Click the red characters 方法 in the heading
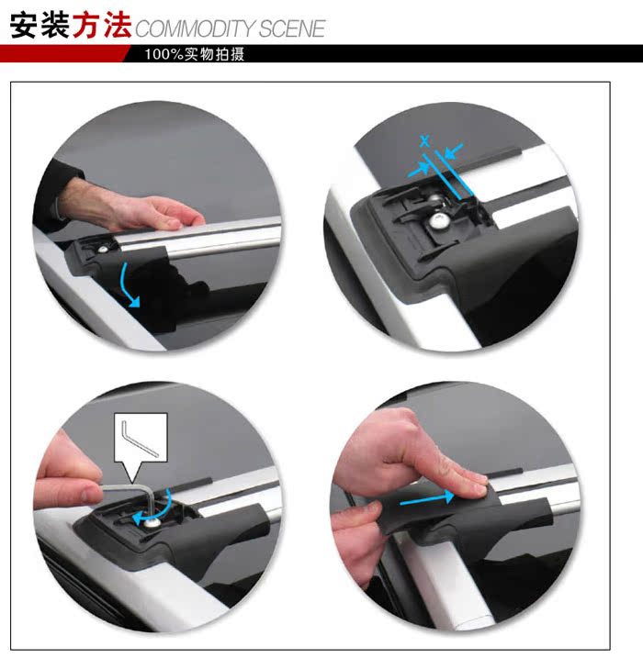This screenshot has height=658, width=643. (102, 25)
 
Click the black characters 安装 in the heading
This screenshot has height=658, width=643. (39, 25)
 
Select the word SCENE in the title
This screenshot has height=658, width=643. (291, 29)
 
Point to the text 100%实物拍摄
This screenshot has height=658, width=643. (195, 54)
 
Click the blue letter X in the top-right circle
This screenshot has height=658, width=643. (425, 141)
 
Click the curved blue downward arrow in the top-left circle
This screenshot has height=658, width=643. (128, 284)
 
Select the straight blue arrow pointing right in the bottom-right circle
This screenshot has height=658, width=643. (427, 498)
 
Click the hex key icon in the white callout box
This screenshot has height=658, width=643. (139, 440)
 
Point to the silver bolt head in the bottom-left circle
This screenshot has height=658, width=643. (151, 522)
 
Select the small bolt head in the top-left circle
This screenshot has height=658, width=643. (103, 250)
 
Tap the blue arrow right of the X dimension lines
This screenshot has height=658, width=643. (454, 151)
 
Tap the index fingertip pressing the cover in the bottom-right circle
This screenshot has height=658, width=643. (478, 487)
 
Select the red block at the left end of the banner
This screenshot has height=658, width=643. (63, 54)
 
